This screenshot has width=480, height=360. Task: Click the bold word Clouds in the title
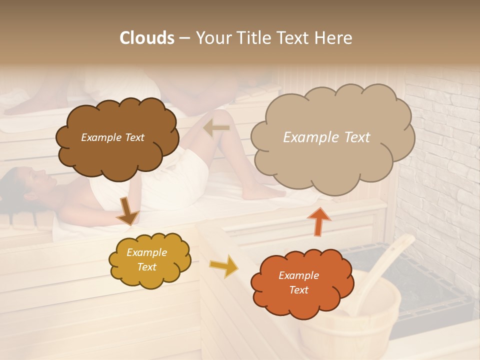tap(147, 38)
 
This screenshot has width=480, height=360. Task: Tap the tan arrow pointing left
tap(216, 128)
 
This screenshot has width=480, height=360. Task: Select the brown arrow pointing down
tap(128, 211)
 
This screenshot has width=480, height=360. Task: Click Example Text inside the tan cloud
tap(326, 137)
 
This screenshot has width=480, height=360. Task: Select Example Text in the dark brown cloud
tap(112, 137)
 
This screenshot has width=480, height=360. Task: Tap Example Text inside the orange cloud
tap(298, 282)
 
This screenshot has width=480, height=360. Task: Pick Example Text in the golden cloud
tap(146, 260)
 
